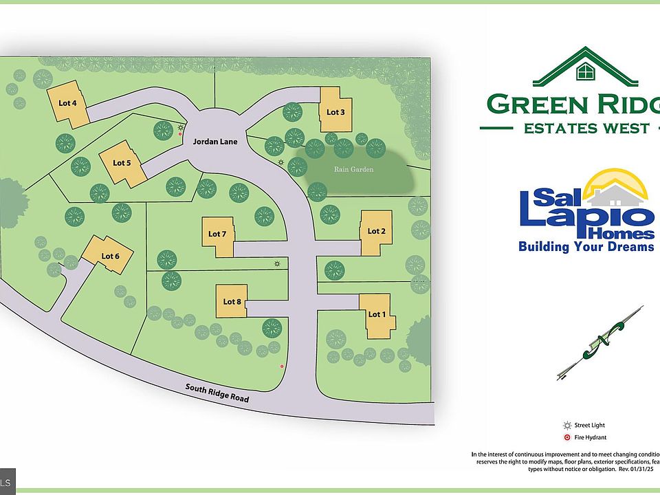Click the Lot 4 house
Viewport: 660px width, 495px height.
(x=67, y=104)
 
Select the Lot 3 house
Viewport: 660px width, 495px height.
(x=335, y=111)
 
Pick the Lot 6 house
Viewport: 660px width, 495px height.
(x=109, y=255)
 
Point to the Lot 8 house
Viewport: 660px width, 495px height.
(x=232, y=301)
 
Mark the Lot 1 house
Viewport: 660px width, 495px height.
(x=377, y=316)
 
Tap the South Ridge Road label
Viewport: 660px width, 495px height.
(x=217, y=393)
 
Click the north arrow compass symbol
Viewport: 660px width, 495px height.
(x=599, y=344)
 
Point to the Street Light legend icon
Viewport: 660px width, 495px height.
(x=568, y=426)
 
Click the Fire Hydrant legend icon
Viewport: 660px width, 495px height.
(x=568, y=437)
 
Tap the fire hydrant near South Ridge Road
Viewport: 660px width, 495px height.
(x=282, y=366)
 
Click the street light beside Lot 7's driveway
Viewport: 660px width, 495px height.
(x=277, y=264)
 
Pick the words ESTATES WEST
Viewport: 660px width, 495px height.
(x=586, y=128)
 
